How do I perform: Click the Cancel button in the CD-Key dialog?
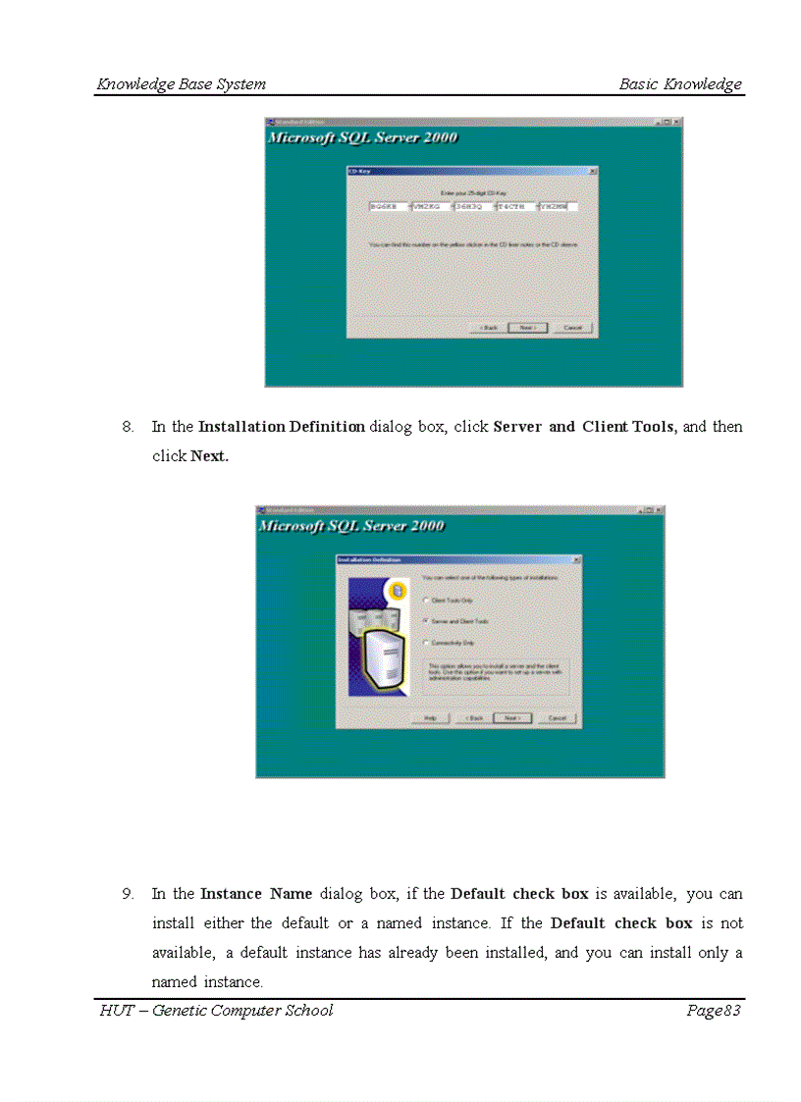[572, 327]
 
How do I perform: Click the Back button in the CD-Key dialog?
[488, 327]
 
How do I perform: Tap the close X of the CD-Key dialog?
[592, 171]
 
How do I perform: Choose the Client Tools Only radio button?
[426, 600]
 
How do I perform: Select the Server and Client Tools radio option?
[426, 621]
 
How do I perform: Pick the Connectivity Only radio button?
[426, 643]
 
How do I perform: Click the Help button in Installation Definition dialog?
[430, 718]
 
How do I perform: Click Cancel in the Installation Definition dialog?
[557, 718]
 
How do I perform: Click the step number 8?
[128, 427]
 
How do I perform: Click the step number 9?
[128, 894]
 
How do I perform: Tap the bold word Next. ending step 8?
[209, 456]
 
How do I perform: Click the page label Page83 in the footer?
[713, 1011]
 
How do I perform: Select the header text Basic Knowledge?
[680, 84]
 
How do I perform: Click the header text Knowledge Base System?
[181, 84]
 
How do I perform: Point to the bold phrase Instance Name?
[256, 894]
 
